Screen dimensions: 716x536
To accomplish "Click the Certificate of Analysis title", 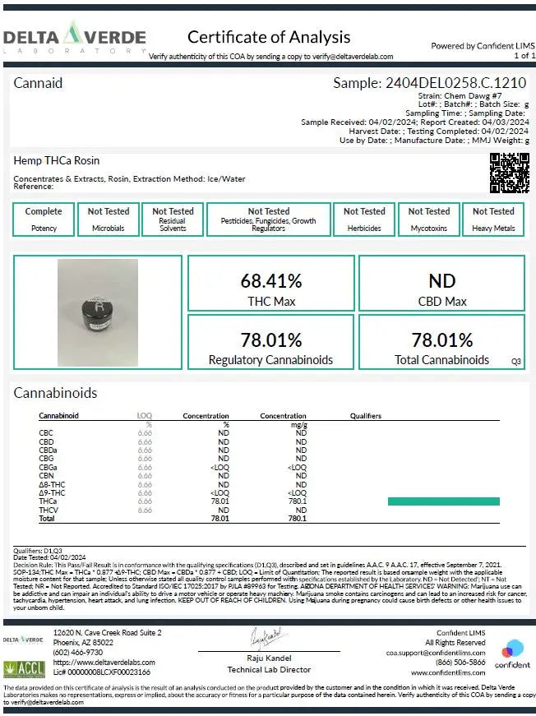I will pyautogui.click(x=269, y=37).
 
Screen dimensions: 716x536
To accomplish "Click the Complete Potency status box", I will pyautogui.click(x=44, y=219).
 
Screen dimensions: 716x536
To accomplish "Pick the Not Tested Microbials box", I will pyautogui.click(x=109, y=219).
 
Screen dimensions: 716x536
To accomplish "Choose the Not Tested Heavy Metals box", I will pyautogui.click(x=493, y=219).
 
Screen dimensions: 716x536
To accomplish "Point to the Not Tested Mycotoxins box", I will pyautogui.click(x=429, y=219).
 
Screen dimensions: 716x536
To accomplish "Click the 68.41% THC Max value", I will pyautogui.click(x=271, y=280).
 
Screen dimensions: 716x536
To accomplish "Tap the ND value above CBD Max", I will pyautogui.click(x=441, y=280).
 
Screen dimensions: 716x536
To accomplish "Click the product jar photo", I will pyautogui.click(x=98, y=300).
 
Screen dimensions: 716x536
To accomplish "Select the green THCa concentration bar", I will pyautogui.click(x=443, y=501).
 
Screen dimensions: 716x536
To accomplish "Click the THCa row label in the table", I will pyautogui.click(x=48, y=501).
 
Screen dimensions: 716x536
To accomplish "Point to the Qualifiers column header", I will pyautogui.click(x=365, y=416).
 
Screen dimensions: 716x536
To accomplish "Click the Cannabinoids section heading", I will pyautogui.click(x=55, y=393).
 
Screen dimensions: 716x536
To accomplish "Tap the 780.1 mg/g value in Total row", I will pyautogui.click(x=298, y=519).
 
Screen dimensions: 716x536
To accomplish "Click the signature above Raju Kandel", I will pyautogui.click(x=266, y=637).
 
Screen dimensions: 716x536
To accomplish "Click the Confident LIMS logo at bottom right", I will pyautogui.click(x=512, y=654).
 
